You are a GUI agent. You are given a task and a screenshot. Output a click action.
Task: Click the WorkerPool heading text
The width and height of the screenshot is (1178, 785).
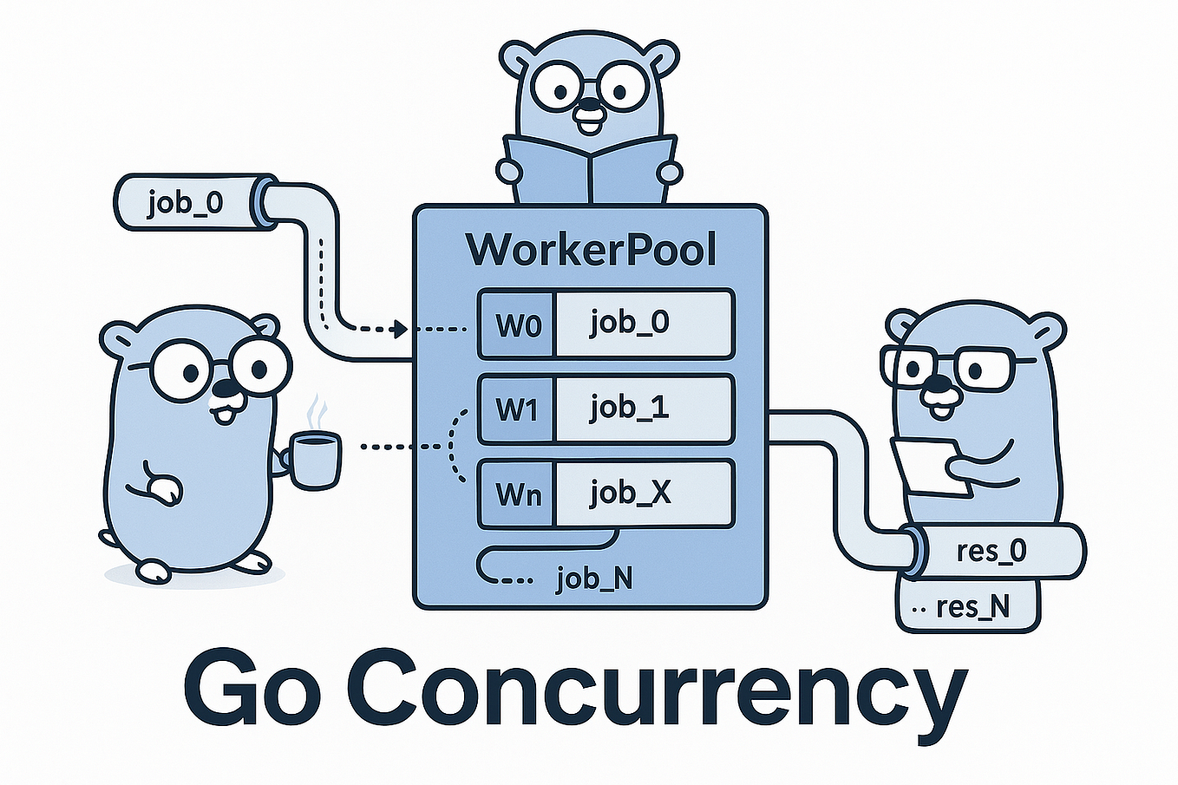tap(591, 249)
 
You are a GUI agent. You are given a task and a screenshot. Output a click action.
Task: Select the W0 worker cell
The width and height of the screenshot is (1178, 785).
tap(517, 324)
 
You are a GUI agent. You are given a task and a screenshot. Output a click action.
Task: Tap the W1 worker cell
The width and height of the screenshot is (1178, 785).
tap(517, 409)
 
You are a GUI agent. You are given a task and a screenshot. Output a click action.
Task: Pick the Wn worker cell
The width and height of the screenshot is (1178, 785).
tap(517, 494)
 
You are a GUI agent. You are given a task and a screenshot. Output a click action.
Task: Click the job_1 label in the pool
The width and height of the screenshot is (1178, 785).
tap(629, 408)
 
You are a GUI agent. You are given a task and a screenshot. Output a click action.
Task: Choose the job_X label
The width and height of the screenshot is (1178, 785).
tap(630, 493)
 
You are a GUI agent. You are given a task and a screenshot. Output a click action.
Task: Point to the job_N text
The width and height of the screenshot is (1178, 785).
tap(594, 579)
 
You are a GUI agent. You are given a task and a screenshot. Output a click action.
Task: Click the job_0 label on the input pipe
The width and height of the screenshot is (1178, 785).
tap(185, 203)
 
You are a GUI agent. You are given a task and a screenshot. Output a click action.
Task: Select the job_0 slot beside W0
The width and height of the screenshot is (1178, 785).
tap(629, 324)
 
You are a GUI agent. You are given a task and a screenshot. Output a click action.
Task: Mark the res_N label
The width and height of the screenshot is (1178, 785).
tap(972, 606)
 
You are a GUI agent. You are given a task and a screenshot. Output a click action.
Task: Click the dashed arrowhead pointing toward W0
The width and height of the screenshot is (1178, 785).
tap(399, 330)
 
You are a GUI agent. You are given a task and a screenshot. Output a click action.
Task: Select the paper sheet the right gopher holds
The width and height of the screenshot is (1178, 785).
tap(928, 467)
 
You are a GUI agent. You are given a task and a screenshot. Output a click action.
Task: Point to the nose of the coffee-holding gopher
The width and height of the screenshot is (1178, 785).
tap(225, 389)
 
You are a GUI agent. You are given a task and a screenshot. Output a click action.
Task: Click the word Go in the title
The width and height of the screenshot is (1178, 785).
tap(252, 688)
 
